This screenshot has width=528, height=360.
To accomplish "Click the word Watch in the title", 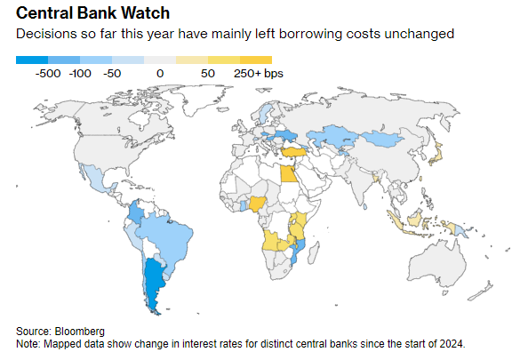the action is point(145,13).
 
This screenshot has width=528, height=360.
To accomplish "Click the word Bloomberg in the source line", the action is point(79,332).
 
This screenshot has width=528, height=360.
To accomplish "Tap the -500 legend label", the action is point(48,74).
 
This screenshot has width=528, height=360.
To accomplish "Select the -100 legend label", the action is point(80,74).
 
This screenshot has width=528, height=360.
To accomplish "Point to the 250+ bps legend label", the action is point(259,74).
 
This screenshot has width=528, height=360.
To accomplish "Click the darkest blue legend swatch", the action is point(32,60).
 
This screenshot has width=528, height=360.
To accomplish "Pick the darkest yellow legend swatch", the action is point(256,60).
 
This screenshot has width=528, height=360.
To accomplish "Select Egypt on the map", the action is point(289,173).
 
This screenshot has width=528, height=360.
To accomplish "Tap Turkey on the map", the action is point(294,152).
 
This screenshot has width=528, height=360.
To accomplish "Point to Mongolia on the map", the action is point(383,139).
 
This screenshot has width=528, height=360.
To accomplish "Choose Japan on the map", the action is point(436,155).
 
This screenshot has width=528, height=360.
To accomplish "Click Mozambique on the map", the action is point(298,251).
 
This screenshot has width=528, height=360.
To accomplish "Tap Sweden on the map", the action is point(266,114).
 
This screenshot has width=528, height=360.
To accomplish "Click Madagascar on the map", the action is point(314,253).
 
